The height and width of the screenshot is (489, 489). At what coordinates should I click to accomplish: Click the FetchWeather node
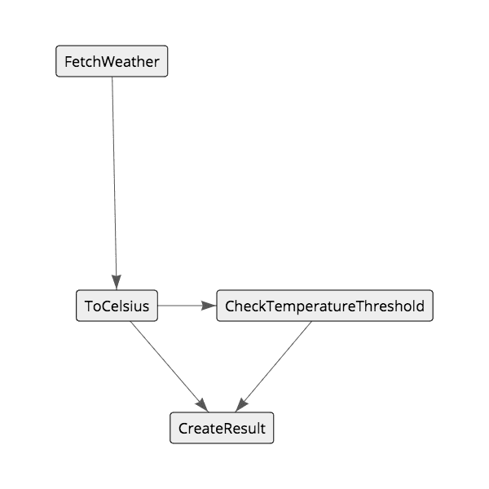pos(112,62)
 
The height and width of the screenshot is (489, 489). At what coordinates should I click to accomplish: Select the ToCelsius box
pos(117,306)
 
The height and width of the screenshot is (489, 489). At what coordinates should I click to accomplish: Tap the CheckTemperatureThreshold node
pos(324,306)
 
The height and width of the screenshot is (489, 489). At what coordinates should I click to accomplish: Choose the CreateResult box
pos(222,429)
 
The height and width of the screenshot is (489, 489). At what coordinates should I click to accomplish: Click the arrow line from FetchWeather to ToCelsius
pos(114,179)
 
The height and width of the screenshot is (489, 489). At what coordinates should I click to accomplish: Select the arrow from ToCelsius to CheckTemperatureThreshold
pos(183,306)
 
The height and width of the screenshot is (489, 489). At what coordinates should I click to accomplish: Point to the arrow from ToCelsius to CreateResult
pos(167,363)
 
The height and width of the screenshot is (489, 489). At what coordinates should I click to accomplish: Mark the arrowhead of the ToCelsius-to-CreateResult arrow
pos(202,405)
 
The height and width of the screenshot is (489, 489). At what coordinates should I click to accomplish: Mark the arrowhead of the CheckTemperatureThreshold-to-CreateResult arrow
pos(241,405)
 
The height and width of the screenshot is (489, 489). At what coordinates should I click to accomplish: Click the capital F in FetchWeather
pos(68,62)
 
